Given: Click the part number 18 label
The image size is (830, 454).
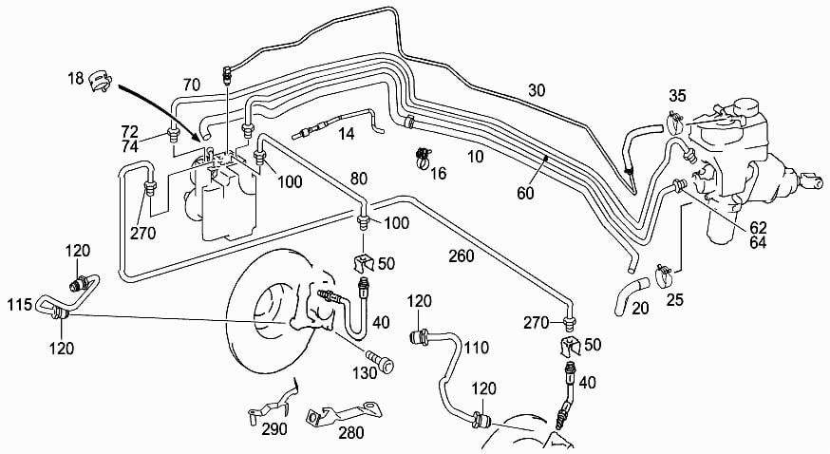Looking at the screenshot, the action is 76,78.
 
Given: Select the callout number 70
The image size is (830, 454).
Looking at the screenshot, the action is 192,85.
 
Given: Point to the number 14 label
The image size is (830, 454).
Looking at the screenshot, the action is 347,133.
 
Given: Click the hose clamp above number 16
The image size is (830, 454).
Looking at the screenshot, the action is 424,157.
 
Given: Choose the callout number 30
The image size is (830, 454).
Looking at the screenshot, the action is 537,90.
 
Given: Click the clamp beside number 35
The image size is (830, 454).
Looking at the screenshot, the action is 674,123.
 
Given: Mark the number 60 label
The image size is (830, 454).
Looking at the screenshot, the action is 525,194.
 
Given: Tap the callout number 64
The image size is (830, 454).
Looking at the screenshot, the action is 758,242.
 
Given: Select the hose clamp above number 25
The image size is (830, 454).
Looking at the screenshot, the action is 663,275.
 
